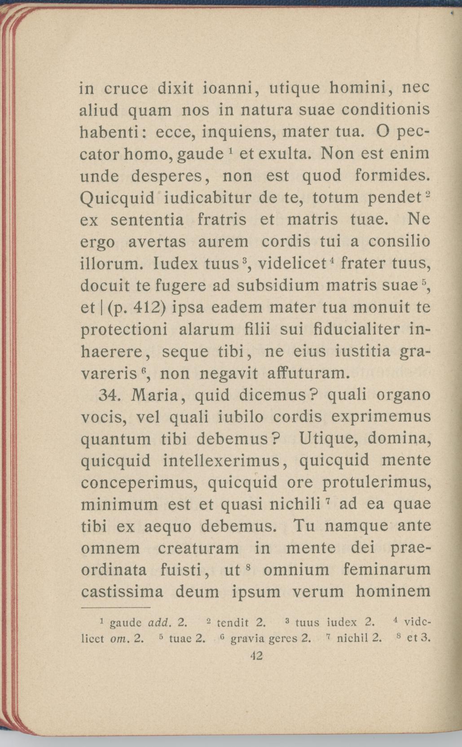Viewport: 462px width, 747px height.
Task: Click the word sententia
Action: [x=147, y=220]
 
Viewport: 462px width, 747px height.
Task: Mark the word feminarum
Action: [x=387, y=570]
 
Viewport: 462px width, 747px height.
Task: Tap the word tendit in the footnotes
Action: [x=233, y=623]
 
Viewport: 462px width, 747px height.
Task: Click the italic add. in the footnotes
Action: [x=157, y=623]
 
